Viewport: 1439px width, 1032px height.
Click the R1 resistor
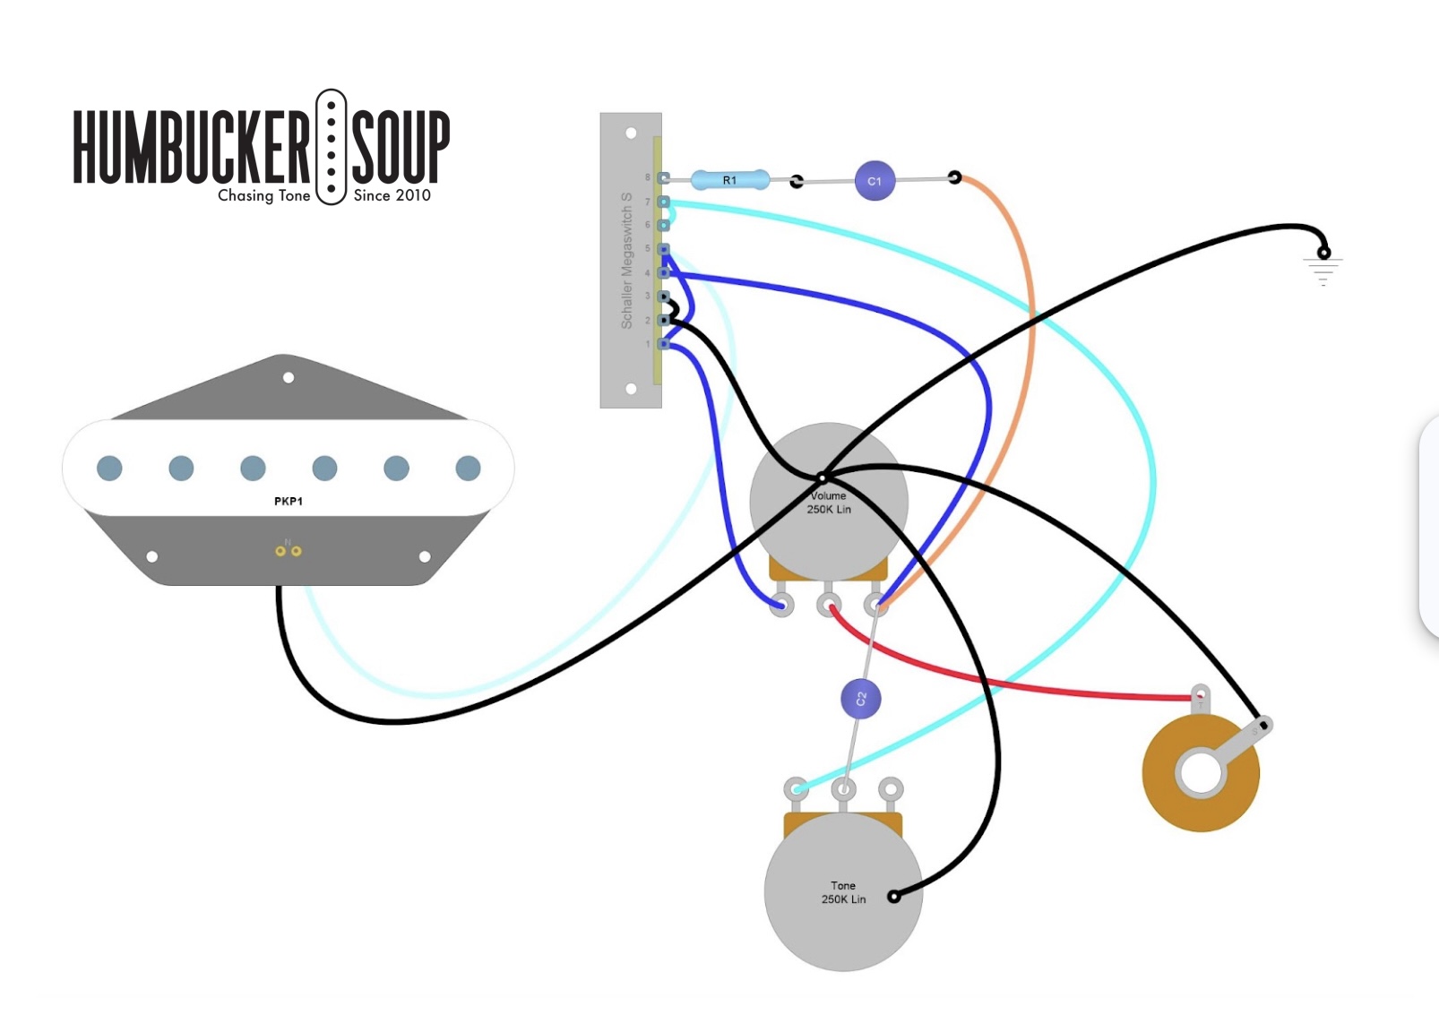[x=729, y=180]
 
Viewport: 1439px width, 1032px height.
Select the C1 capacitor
[x=875, y=181]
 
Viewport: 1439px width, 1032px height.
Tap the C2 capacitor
[x=860, y=699]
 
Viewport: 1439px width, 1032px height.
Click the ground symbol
[x=1323, y=268]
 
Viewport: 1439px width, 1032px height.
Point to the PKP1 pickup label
[x=289, y=502]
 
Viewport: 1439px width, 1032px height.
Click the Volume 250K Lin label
[x=829, y=503]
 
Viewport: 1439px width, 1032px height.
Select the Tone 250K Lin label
[x=843, y=892]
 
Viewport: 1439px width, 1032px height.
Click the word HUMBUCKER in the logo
[x=191, y=147]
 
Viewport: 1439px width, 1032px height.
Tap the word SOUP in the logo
[x=401, y=147]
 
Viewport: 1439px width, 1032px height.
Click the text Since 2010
[x=392, y=195]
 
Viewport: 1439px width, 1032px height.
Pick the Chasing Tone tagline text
[x=263, y=195]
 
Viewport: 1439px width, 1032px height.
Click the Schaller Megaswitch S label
[x=626, y=260]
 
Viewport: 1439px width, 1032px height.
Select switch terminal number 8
[x=663, y=178]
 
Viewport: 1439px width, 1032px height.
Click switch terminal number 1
[x=663, y=344]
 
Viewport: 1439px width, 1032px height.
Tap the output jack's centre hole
[x=1200, y=773]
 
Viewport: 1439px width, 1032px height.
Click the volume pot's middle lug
[x=829, y=605]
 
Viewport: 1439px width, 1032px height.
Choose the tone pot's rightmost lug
[x=890, y=789]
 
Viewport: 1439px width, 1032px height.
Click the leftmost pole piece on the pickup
[x=109, y=468]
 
